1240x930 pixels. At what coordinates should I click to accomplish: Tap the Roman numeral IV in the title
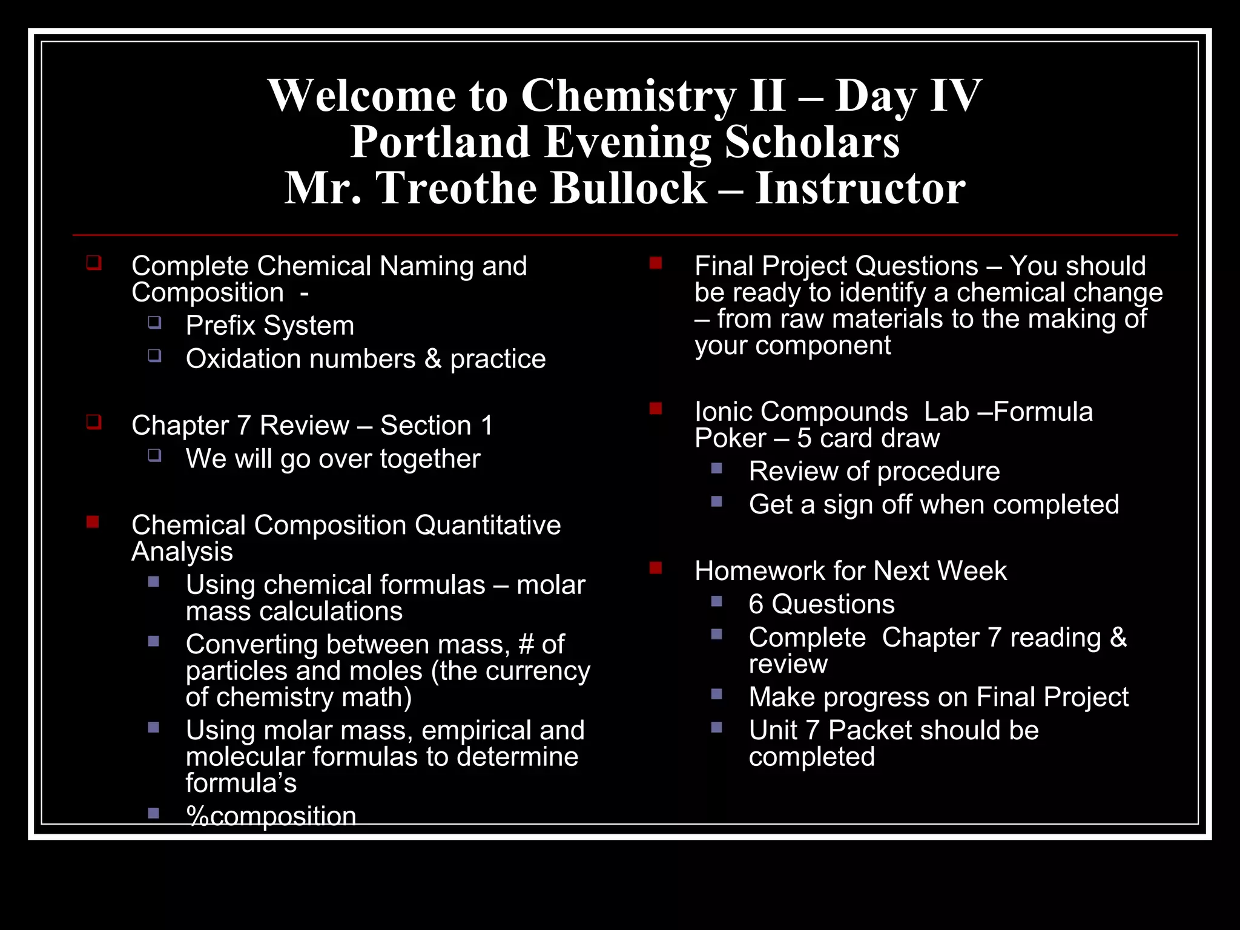tap(955, 96)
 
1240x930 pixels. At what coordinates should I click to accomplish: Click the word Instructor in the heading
tap(860, 188)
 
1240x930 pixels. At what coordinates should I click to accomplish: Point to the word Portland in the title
tap(440, 142)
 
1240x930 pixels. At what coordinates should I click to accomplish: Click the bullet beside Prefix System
tap(155, 322)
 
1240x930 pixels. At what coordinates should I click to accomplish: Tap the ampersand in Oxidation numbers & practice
tap(432, 359)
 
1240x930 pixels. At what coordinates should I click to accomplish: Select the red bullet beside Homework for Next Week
tap(655, 567)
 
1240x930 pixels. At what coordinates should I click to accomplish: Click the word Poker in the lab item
tap(730, 438)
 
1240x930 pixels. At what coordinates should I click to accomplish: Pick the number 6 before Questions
tap(756, 604)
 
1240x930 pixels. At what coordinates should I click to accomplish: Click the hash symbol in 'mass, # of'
tap(526, 644)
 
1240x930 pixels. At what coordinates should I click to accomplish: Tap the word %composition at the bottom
tap(271, 816)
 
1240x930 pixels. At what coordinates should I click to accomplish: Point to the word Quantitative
tap(487, 525)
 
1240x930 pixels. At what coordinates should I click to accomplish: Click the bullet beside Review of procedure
tap(717, 468)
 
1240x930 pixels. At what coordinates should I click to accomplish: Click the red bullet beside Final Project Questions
tap(655, 263)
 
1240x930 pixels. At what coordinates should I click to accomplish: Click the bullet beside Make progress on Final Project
tap(717, 694)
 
